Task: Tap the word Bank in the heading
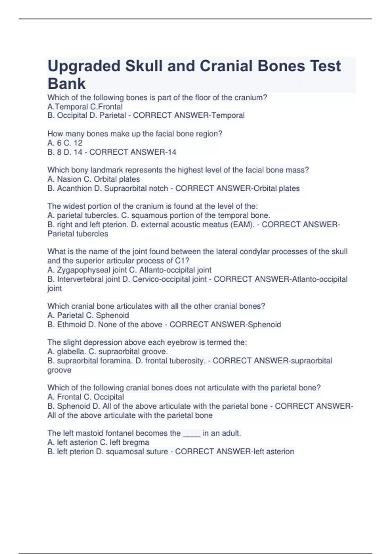[x=66, y=84]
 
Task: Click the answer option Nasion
[x=69, y=179]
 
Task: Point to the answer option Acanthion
[x=74, y=188]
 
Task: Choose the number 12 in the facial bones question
[x=78, y=143]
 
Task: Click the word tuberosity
[x=189, y=361]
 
